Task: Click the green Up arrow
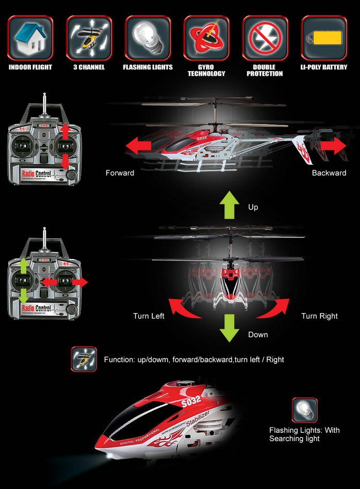[x=229, y=204]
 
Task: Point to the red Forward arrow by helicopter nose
[x=139, y=146]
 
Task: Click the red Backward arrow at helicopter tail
[x=333, y=146]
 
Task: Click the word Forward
[x=120, y=173]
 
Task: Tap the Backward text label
[x=329, y=173]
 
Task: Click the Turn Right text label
[x=319, y=316]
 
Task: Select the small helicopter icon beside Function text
[x=84, y=359]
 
